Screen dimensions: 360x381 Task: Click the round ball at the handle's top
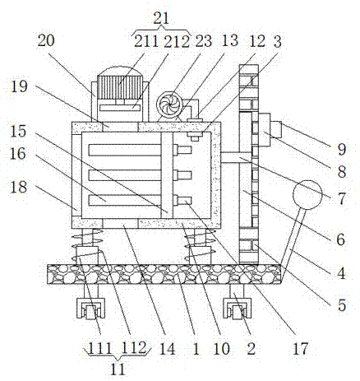click(307, 195)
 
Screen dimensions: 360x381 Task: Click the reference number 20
click(46, 40)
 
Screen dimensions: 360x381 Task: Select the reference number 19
click(20, 86)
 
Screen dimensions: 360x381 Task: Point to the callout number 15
click(18, 131)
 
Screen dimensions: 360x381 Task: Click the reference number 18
click(19, 187)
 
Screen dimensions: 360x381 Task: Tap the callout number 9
click(341, 150)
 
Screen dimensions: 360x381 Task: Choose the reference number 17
click(300, 348)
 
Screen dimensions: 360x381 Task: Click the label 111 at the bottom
click(99, 348)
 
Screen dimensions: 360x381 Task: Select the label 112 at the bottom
click(133, 348)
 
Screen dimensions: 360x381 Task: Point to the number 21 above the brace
click(161, 18)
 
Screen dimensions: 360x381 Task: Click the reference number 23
click(203, 41)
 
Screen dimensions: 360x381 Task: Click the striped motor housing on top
click(120, 87)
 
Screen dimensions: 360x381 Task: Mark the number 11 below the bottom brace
click(118, 369)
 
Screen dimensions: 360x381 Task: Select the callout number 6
click(340, 239)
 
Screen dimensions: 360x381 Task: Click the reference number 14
click(167, 348)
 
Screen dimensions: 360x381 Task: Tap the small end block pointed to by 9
click(276, 130)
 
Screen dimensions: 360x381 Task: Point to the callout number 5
click(342, 305)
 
